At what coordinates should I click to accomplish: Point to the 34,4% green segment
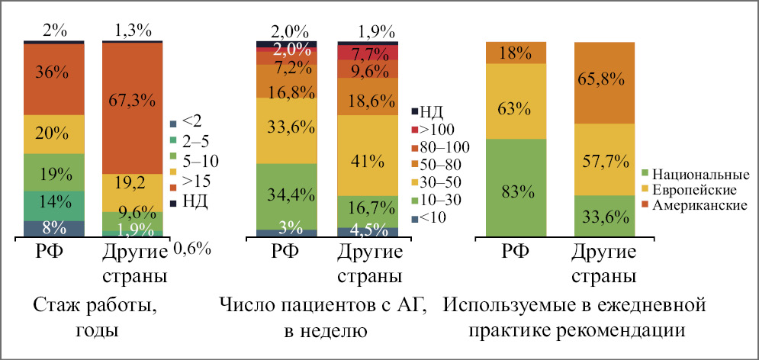click(286, 197)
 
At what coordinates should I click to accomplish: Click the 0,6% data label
click(192, 249)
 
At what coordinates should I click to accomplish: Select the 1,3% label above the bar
click(133, 31)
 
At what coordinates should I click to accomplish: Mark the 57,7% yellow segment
click(604, 159)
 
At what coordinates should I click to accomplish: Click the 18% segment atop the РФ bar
click(516, 53)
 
